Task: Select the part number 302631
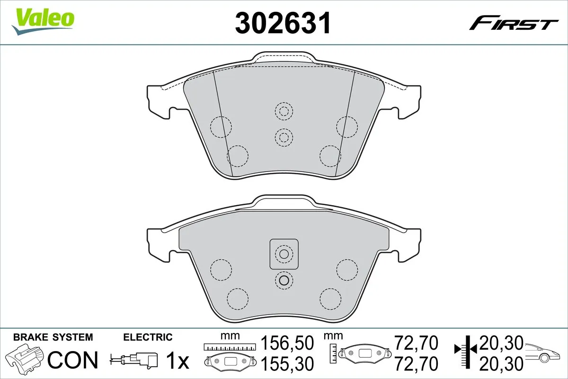tap(283, 22)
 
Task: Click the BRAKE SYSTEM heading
tap(53, 337)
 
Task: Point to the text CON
tap(73, 361)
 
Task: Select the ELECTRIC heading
tap(148, 337)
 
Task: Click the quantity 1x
tap(177, 361)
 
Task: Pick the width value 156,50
tap(288, 342)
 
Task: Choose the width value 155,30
tap(288, 364)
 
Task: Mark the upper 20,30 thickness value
tap(501, 342)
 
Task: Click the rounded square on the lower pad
tap(284, 254)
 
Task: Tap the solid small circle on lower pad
tap(284, 280)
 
